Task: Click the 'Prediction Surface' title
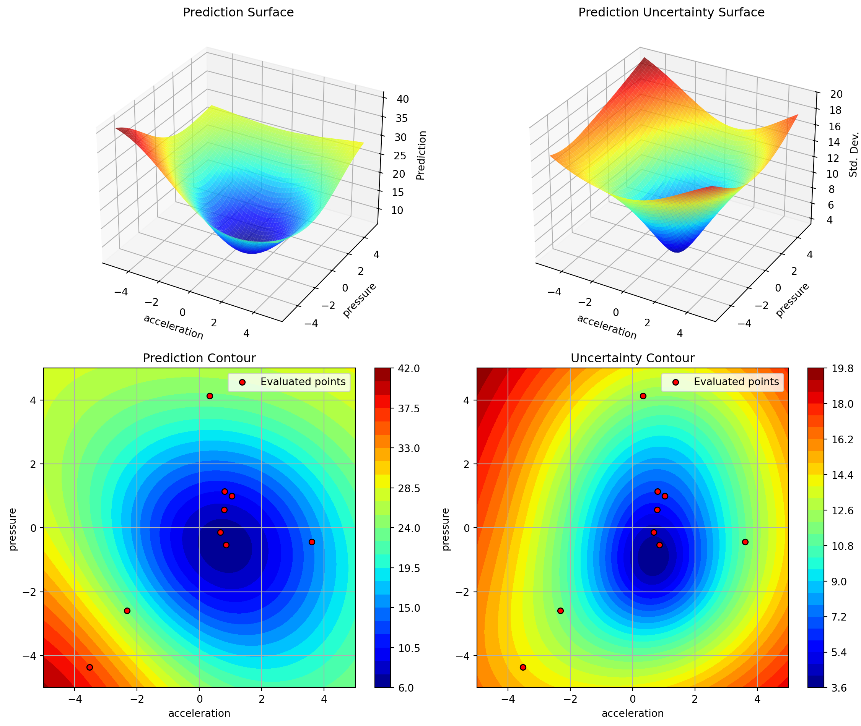pos(238,13)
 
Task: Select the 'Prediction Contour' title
pos(199,358)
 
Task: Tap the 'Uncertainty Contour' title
pos(632,358)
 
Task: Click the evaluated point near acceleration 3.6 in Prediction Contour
pos(312,542)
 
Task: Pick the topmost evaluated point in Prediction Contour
pos(210,396)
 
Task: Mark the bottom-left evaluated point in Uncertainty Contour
pos(523,667)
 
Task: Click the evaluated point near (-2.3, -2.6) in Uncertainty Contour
pos(560,611)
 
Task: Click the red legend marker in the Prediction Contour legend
pos(242,382)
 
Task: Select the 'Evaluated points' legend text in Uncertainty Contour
pos(736,382)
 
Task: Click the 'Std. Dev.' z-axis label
pos(854,154)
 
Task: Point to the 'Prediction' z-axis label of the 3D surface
pos(421,156)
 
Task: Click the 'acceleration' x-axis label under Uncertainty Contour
pos(632,713)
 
